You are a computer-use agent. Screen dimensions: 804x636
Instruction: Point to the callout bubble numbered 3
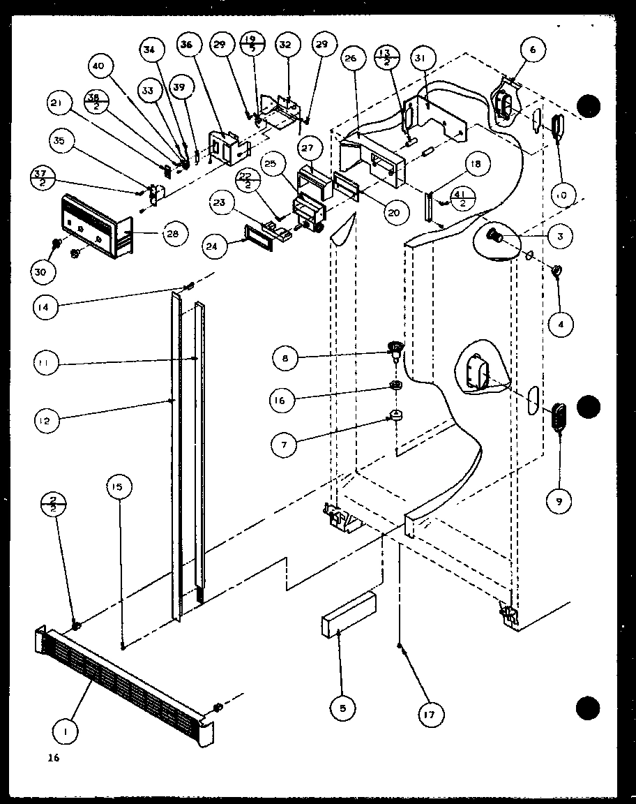559,237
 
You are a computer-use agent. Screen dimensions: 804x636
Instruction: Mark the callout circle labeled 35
60,140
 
